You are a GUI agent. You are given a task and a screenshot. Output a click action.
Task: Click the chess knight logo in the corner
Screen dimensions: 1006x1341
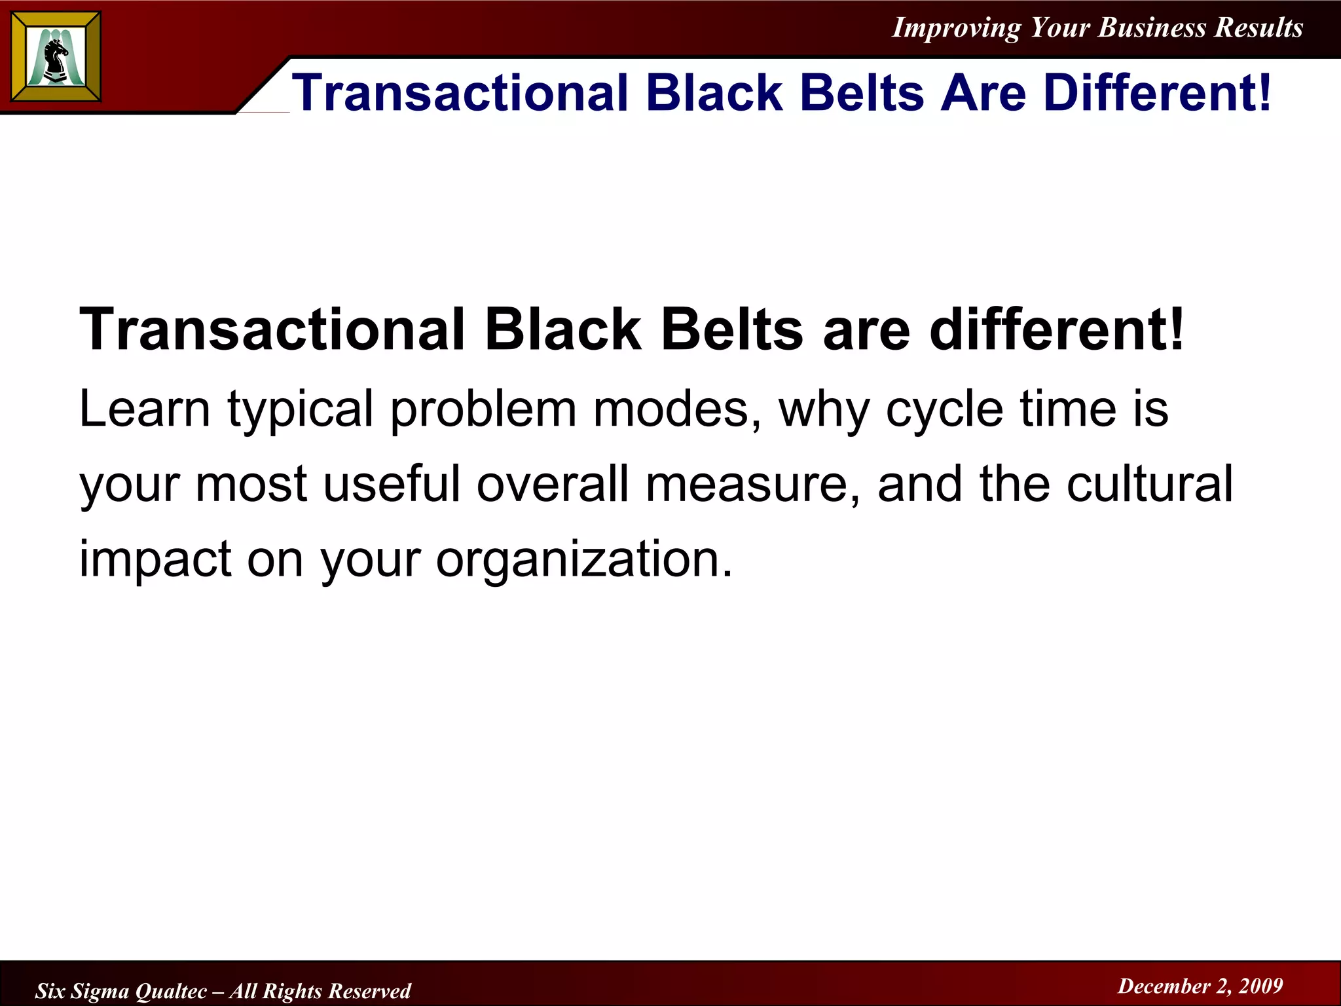[x=56, y=57]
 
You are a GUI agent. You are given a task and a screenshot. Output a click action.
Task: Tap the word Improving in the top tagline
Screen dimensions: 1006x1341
[x=956, y=28]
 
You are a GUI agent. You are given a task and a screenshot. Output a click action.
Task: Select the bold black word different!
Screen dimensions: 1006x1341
[x=1057, y=329]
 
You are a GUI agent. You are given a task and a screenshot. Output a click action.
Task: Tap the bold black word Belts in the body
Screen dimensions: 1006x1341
[x=732, y=329]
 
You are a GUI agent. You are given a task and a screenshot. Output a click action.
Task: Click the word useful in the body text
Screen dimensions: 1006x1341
[x=392, y=484]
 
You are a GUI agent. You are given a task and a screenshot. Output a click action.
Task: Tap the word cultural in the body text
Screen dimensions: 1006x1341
[x=1149, y=484]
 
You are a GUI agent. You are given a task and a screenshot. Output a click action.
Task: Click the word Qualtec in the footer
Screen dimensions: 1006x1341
[x=171, y=991]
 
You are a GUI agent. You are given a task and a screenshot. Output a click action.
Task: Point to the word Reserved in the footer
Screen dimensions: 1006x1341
[x=369, y=991]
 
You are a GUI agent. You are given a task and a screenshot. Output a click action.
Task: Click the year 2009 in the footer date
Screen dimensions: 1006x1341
[x=1260, y=986]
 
